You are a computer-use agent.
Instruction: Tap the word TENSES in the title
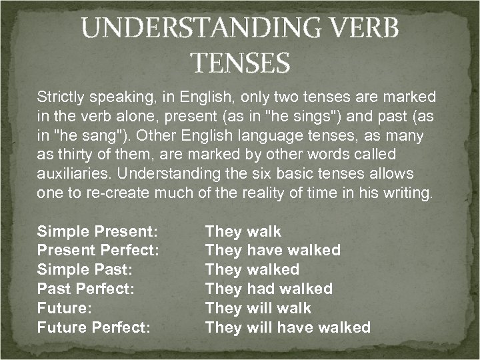tap(240, 63)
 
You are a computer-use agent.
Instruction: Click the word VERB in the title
tap(365, 29)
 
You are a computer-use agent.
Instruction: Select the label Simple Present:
tap(97, 232)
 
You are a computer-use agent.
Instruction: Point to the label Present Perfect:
tap(98, 251)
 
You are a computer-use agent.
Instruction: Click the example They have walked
tap(273, 251)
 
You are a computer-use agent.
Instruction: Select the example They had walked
tap(269, 289)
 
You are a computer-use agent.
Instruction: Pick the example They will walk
tap(258, 308)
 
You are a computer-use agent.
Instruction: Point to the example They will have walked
tap(287, 327)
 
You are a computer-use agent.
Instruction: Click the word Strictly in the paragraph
tap(60, 97)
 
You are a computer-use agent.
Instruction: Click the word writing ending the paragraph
tap(410, 194)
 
